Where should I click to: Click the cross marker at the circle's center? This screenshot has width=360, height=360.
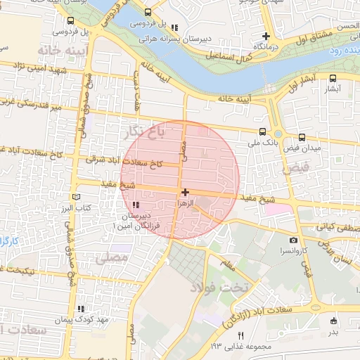[x=184, y=192]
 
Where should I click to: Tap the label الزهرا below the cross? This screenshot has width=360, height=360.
[x=184, y=202]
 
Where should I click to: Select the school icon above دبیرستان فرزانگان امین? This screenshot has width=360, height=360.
[x=135, y=205]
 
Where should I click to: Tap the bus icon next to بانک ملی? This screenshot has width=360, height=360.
[x=262, y=131]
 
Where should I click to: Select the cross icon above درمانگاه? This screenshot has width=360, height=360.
[x=266, y=36]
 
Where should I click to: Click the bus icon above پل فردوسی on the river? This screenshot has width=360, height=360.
[x=148, y=12]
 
